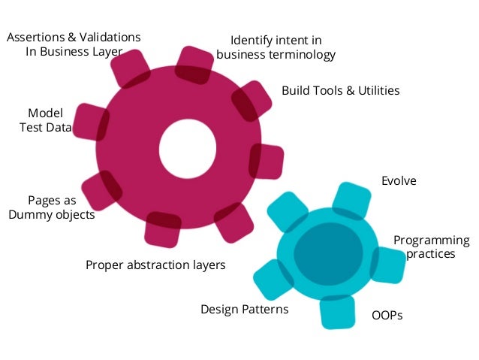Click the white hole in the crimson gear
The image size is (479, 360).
[x=188, y=144]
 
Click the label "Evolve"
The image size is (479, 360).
[x=398, y=181]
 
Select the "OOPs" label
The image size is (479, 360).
[x=387, y=316]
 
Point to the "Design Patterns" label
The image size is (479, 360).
[x=244, y=309]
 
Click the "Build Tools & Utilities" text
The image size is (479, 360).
[x=340, y=90]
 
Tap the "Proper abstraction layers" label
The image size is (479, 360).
[x=155, y=265]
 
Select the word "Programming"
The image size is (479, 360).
[x=431, y=241]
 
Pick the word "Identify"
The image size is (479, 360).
[x=251, y=41]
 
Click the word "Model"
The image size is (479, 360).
[x=45, y=113]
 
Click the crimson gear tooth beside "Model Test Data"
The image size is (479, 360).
[x=90, y=123]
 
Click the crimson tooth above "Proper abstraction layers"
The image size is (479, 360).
[x=162, y=229]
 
